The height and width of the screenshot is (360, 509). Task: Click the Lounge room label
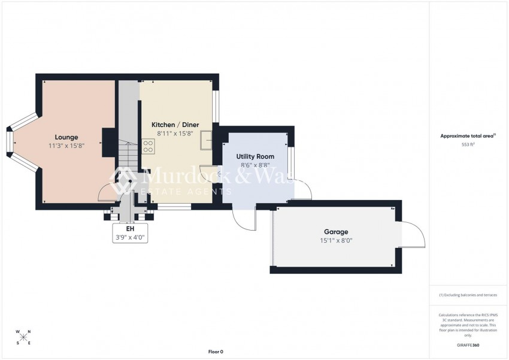tap(67, 137)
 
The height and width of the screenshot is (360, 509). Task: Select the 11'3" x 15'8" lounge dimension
tap(67, 146)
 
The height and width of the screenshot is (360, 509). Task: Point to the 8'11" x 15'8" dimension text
tap(175, 133)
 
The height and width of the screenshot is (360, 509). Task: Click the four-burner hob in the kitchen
tap(148, 146)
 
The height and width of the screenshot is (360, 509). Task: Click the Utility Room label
tap(255, 156)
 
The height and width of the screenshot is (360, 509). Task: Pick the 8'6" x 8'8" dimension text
tap(255, 165)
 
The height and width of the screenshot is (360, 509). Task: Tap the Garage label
tap(336, 232)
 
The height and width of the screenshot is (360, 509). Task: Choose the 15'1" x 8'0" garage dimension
tap(336, 240)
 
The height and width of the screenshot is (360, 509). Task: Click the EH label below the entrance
tap(130, 229)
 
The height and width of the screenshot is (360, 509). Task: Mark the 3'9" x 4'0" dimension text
tap(130, 237)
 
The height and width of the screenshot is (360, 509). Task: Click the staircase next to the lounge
tap(128, 157)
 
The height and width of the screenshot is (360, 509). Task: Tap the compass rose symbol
tap(23, 337)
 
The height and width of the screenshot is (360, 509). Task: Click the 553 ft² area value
tap(468, 144)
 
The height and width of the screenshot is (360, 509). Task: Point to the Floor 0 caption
tap(215, 352)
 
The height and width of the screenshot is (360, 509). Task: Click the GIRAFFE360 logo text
tap(468, 346)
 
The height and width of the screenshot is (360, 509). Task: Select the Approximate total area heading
tap(467, 136)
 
